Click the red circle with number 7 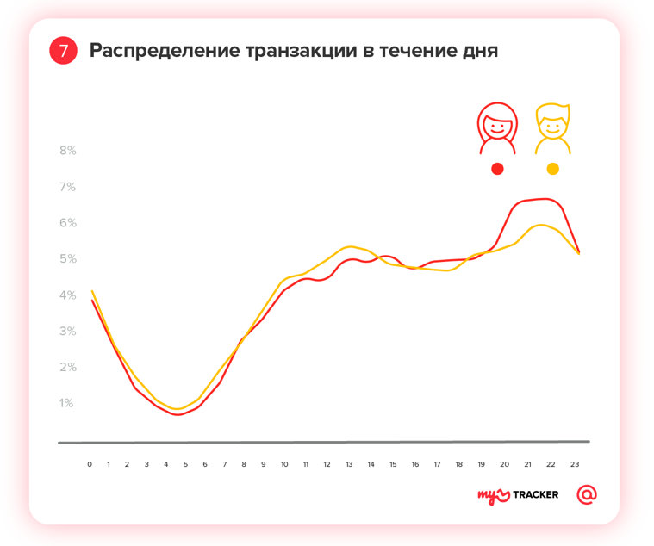point(64,51)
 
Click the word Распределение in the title point(165,51)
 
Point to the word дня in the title point(480,51)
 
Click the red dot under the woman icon point(497,169)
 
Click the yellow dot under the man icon point(552,169)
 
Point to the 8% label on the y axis point(67,151)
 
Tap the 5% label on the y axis point(67,259)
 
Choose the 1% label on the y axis point(67,403)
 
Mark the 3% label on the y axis point(67,332)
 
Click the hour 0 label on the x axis point(90,464)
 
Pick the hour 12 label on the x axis point(327,464)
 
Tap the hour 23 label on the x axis point(575,464)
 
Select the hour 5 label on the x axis point(185,464)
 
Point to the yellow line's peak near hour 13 point(350,246)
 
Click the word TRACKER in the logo point(535,495)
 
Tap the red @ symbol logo point(587,494)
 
